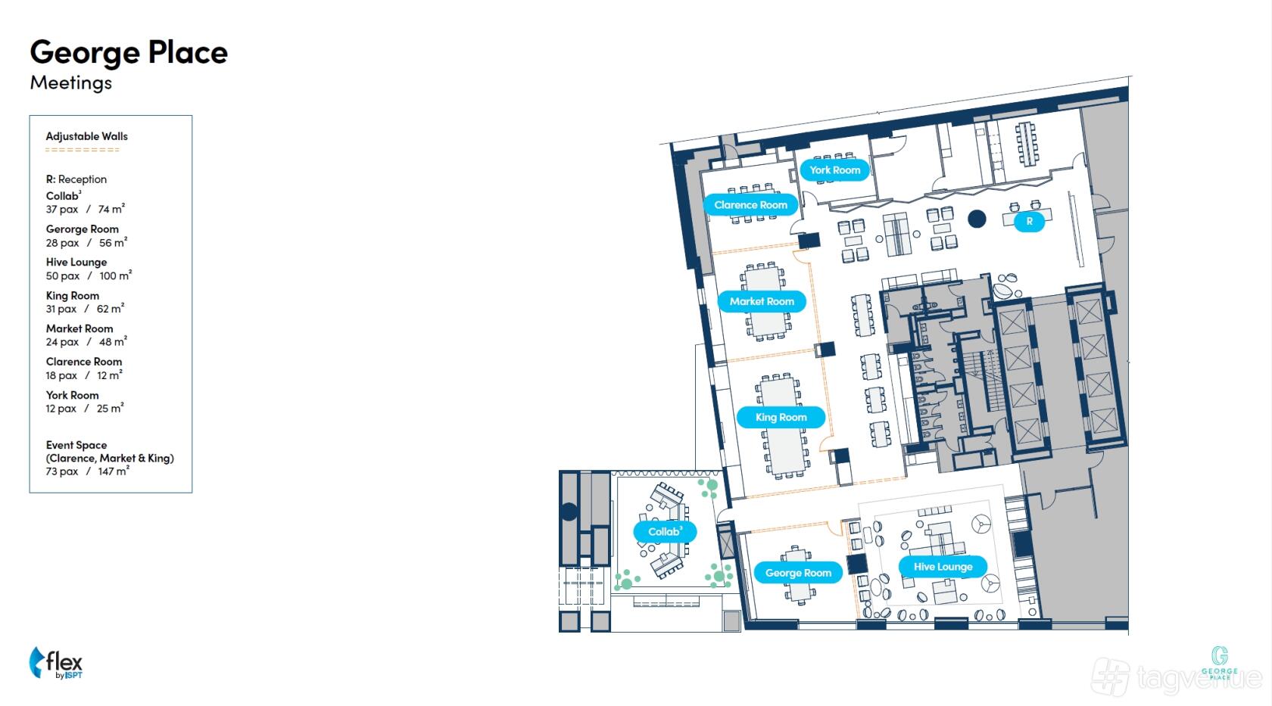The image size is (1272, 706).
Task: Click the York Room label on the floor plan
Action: click(x=834, y=170)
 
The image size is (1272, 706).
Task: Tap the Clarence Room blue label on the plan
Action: click(x=751, y=205)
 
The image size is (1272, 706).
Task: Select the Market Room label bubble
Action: click(x=762, y=301)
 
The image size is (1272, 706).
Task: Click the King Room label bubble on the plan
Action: click(x=781, y=417)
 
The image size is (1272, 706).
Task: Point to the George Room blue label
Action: click(x=798, y=573)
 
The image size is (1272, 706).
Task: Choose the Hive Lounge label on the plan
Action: click(x=943, y=566)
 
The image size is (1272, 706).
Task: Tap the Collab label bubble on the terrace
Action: click(x=665, y=532)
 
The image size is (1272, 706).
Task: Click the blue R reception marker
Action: click(x=1030, y=221)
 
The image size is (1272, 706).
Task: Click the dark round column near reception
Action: click(x=977, y=219)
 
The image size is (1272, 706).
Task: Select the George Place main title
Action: click(x=129, y=53)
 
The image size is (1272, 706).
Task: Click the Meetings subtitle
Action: click(x=71, y=83)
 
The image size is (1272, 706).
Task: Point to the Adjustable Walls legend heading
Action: click(x=87, y=136)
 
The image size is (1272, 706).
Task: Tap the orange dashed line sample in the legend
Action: click(x=83, y=150)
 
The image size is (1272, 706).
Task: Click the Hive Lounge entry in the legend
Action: click(x=76, y=262)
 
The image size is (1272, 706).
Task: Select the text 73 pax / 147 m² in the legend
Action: click(x=88, y=471)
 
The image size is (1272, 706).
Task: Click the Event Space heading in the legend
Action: click(x=76, y=445)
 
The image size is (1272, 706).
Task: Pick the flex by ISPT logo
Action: click(x=56, y=663)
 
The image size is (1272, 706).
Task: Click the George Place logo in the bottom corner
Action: click(x=1219, y=662)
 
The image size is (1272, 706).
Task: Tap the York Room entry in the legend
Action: click(x=72, y=395)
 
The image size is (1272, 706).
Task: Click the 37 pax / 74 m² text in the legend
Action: click(x=85, y=209)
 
